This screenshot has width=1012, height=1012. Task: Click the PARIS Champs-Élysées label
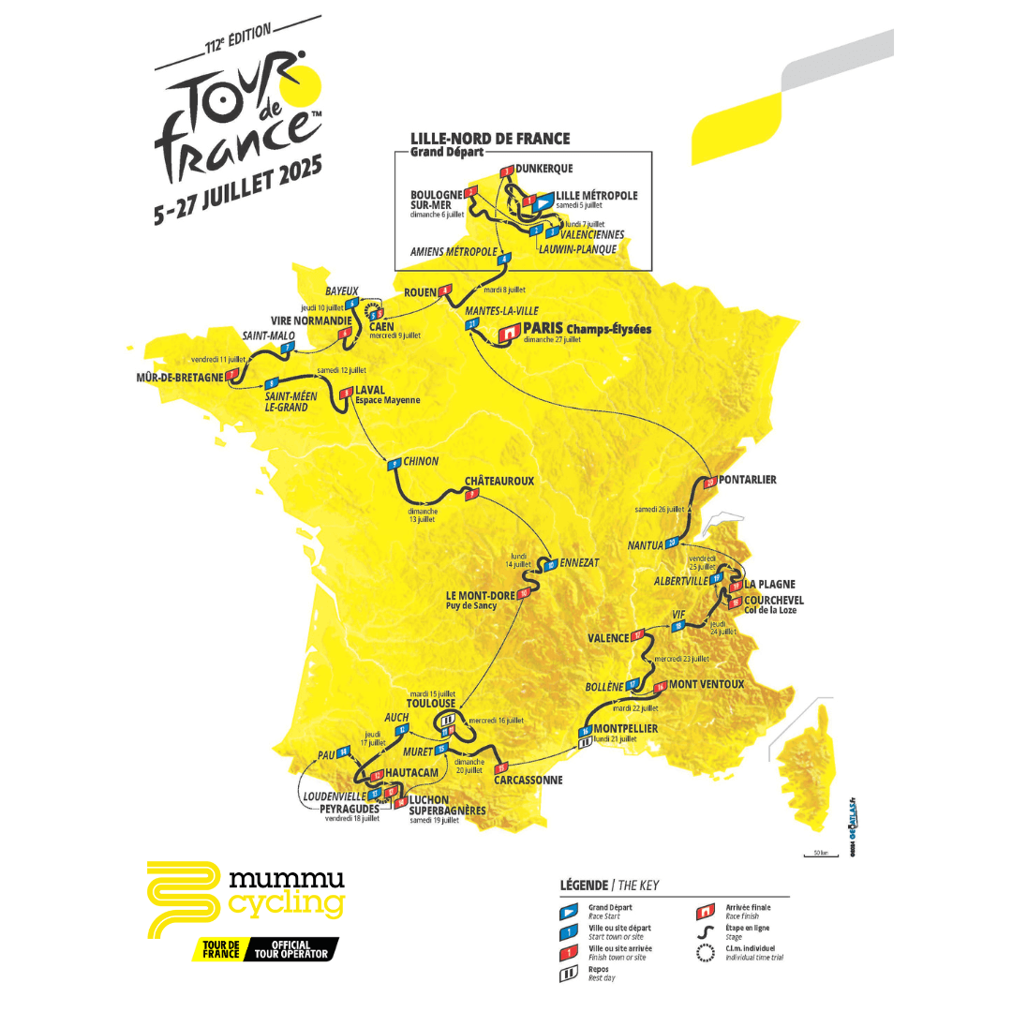click(588, 330)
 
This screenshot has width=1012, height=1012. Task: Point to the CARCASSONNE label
click(530, 779)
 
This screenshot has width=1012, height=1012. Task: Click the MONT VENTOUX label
click(707, 684)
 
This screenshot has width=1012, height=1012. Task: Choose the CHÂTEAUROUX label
click(499, 481)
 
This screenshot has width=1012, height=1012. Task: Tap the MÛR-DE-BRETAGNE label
click(178, 377)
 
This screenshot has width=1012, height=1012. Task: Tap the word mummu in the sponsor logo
click(287, 879)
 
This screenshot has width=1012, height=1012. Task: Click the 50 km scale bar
click(813, 854)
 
